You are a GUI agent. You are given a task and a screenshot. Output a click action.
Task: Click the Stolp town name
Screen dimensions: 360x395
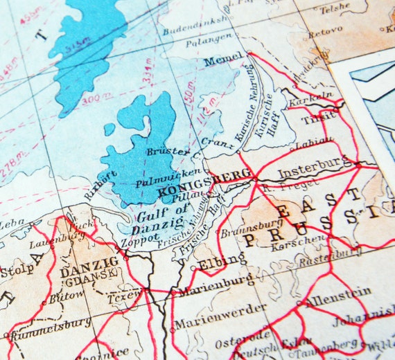pos(17,269)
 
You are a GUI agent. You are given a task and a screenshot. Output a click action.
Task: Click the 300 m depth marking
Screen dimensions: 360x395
pos(91,98)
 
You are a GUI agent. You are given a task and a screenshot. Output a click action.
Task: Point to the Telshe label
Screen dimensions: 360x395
pos(334,8)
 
